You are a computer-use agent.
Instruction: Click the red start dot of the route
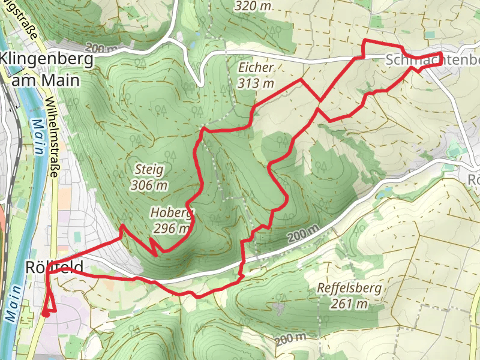point(46,313)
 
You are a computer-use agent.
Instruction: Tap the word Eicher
point(255,67)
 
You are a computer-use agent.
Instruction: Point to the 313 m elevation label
point(255,83)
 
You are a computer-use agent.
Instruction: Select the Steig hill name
point(148,170)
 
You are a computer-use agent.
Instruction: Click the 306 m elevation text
point(149,185)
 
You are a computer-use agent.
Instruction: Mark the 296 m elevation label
point(172,228)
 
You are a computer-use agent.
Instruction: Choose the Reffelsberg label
point(349,289)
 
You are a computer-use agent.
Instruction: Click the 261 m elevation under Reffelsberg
point(349,304)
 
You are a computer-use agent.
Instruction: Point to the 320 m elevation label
point(253,6)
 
